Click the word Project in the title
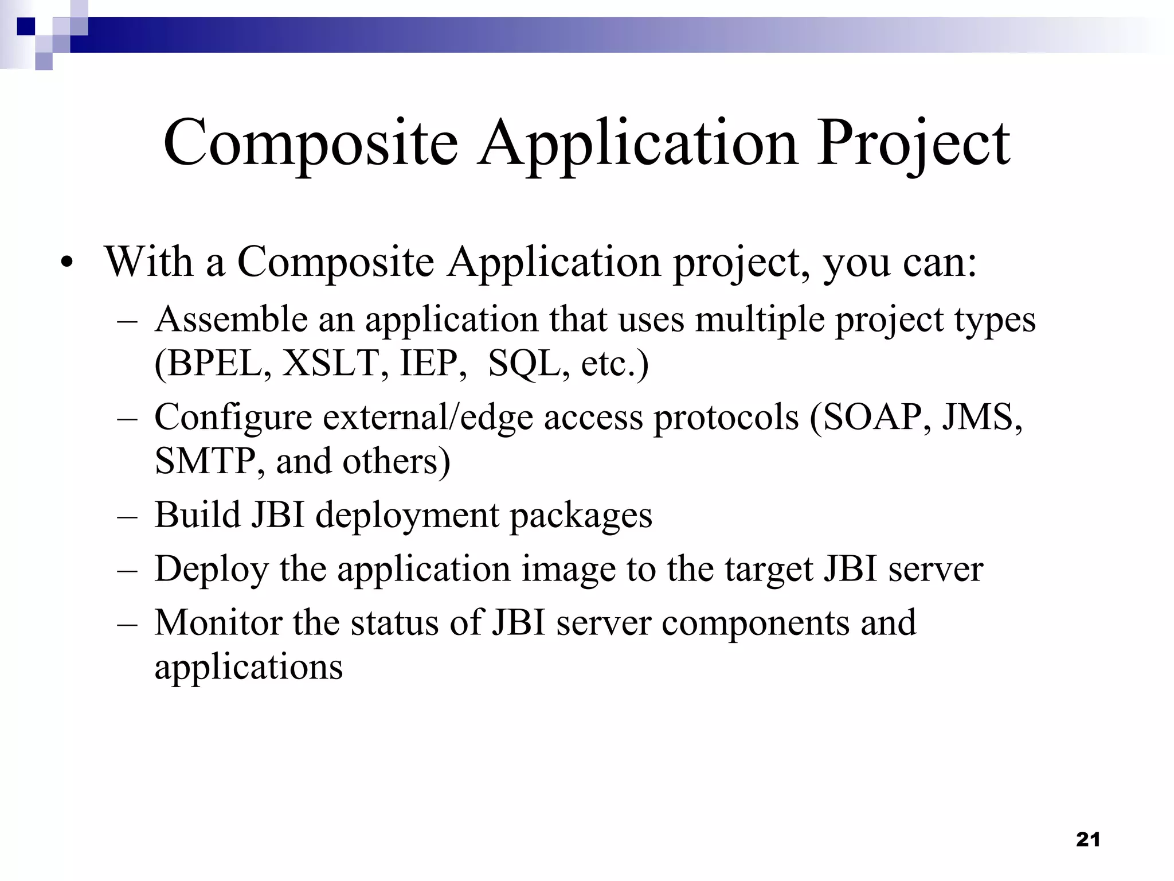coord(913,143)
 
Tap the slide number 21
coord(1087,840)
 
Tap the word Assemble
coord(231,319)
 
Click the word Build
coord(198,514)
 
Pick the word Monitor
coord(218,622)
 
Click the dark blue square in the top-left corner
coord(26,26)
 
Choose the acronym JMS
coord(981,417)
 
